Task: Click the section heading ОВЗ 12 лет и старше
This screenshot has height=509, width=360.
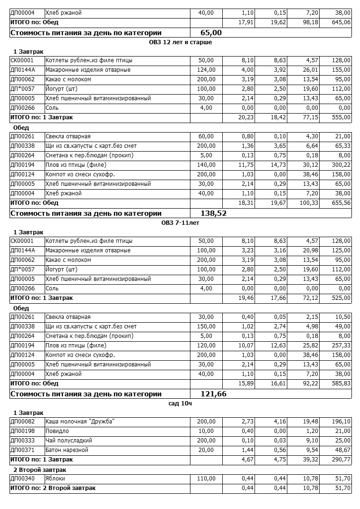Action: [180, 42]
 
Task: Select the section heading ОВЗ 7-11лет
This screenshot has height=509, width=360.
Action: [180, 223]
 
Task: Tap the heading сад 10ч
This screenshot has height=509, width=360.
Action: [180, 403]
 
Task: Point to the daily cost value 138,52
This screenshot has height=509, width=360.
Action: [214, 213]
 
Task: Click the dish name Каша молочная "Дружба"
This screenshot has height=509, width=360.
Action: [80, 422]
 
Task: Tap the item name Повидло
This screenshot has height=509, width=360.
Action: [57, 431]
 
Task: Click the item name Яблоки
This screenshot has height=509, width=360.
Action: [55, 479]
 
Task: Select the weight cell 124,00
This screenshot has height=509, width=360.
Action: [206, 70]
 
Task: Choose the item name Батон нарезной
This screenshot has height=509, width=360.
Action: [67, 450]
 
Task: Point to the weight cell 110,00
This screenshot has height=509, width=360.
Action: [206, 479]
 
